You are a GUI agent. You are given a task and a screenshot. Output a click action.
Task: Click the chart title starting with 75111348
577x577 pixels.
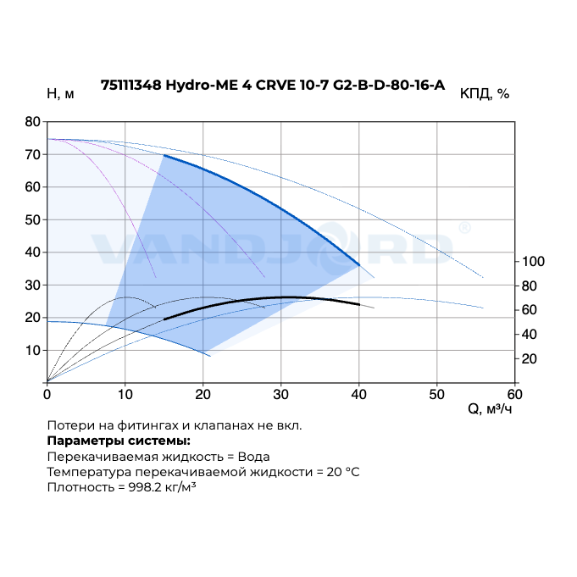tap(272, 85)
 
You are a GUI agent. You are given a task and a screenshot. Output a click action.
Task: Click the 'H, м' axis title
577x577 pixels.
tap(60, 94)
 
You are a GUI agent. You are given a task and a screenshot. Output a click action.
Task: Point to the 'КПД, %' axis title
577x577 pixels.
tap(485, 94)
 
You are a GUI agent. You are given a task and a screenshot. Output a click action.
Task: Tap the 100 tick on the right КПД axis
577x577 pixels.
tap(530, 261)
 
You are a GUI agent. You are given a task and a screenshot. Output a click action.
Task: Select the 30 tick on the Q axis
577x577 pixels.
tap(281, 394)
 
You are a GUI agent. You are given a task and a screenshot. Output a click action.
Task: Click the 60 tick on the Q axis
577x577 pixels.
tap(515, 394)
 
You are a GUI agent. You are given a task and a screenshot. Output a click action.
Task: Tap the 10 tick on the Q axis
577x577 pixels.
tap(125, 394)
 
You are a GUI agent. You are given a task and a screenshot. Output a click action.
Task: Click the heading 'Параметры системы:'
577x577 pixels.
tap(119, 441)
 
